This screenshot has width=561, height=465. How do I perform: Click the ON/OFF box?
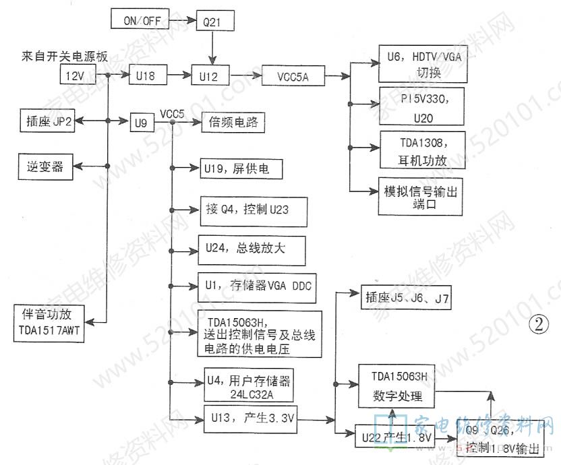(140, 20)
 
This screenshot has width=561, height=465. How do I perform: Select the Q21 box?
(214, 22)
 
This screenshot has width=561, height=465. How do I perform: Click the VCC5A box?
(291, 76)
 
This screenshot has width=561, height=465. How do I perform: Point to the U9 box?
(140, 123)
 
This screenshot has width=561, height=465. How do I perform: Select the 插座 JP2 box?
(51, 121)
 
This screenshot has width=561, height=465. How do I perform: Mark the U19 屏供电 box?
(239, 169)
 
